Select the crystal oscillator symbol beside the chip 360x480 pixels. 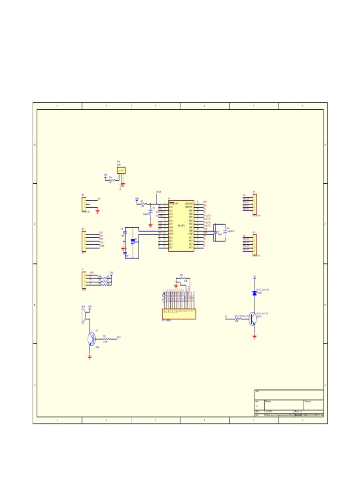pos(133,241)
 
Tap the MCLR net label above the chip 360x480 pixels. pos(158,192)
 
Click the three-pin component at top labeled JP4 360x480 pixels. pos(121,170)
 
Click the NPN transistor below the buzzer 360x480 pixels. pos(91,338)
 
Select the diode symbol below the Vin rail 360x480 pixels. pos(255,293)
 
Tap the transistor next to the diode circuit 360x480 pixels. pos(253,319)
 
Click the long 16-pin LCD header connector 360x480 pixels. pos(179,314)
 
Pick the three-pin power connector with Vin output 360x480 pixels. pos(84,203)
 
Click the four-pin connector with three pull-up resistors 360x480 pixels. pos(84,280)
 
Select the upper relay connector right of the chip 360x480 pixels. pos(255,204)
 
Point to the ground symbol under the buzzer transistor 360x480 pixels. pos(90,357)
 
